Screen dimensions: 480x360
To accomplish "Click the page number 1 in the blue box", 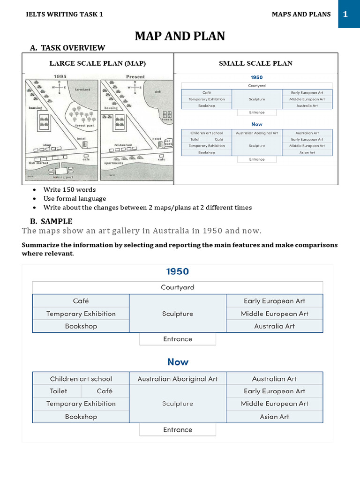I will pos(345,15).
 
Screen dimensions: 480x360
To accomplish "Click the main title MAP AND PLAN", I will pos(180,36).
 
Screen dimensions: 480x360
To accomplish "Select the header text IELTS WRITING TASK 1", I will pos(65,15).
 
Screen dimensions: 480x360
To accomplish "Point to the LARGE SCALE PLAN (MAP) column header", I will pos(97,63).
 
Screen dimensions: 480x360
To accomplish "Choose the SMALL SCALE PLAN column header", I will pos(255,63).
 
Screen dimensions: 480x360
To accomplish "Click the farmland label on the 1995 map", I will pos(82,89).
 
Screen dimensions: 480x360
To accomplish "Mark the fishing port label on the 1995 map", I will pos(63,177).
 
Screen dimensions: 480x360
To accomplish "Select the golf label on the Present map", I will pos(158,92).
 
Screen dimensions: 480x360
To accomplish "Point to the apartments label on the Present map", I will pos(114,164).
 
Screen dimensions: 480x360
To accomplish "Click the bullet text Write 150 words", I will pos(69,190).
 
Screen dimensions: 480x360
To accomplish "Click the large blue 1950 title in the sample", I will pos(177,271).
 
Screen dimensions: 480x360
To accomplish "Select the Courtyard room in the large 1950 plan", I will pos(177,287).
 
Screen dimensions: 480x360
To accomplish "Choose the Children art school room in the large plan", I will pos(81,379).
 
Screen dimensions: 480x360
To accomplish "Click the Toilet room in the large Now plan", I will pos(58,391).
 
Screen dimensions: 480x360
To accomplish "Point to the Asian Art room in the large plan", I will pos(275,416).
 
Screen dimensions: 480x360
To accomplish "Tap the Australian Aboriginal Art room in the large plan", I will pos(177,379).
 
